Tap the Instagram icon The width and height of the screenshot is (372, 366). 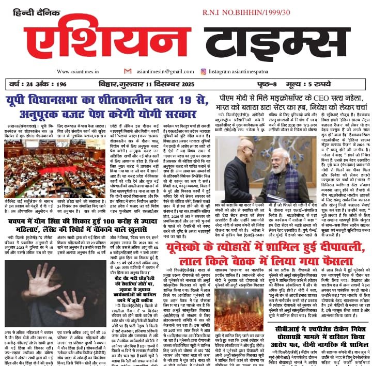click(204, 72)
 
